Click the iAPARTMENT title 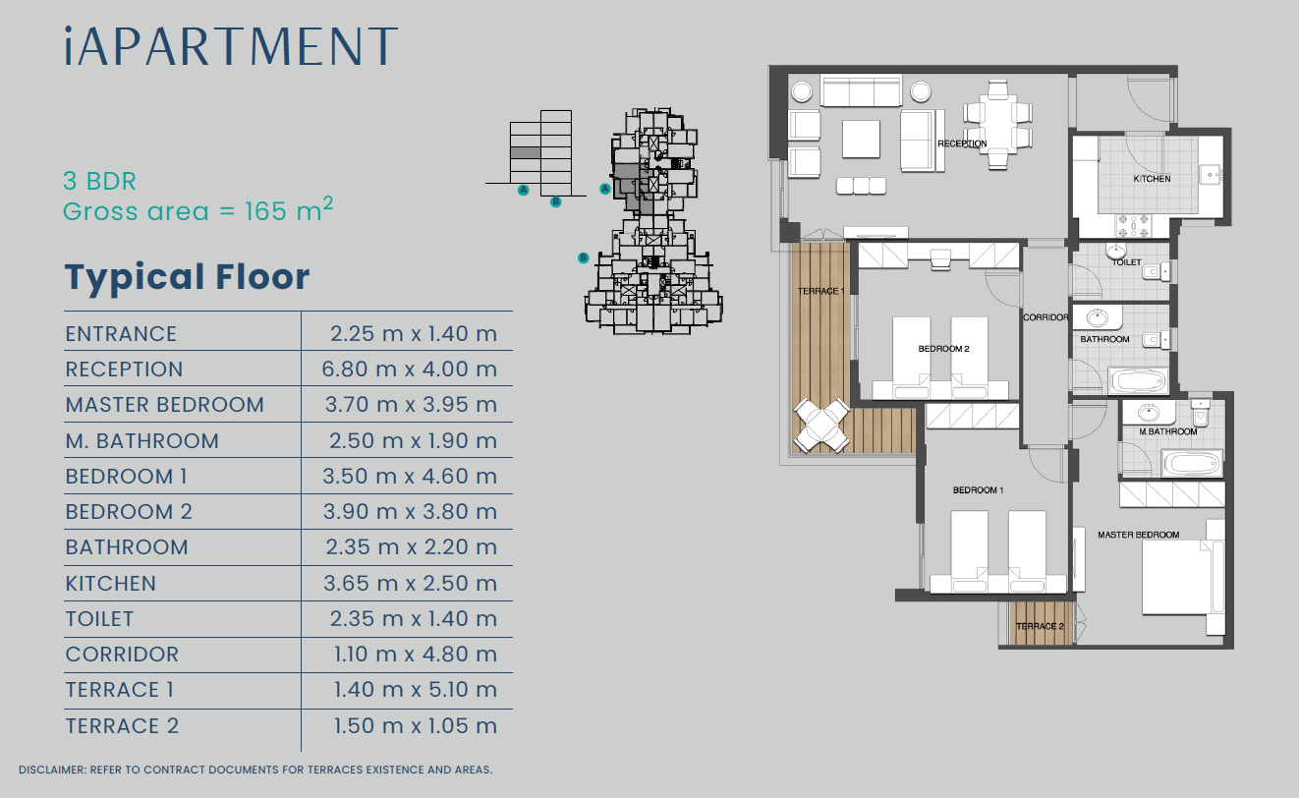click(x=231, y=46)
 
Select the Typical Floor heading click(x=187, y=278)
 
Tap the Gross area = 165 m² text click(x=198, y=210)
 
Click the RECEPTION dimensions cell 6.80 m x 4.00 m click(x=410, y=369)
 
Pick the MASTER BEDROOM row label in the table click(x=165, y=405)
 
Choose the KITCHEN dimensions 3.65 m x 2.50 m click(x=410, y=584)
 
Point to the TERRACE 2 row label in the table click(x=122, y=726)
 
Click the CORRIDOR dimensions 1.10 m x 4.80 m click(x=416, y=655)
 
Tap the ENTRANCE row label click(x=121, y=334)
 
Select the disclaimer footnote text click(x=255, y=770)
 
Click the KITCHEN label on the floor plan click(x=1152, y=179)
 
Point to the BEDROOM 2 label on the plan click(x=943, y=349)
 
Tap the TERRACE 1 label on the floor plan click(x=820, y=291)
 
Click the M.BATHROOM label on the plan click(x=1168, y=431)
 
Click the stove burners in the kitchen click(x=1134, y=226)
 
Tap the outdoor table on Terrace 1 click(x=822, y=427)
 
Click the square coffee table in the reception click(x=861, y=140)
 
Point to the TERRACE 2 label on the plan click(x=1040, y=626)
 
